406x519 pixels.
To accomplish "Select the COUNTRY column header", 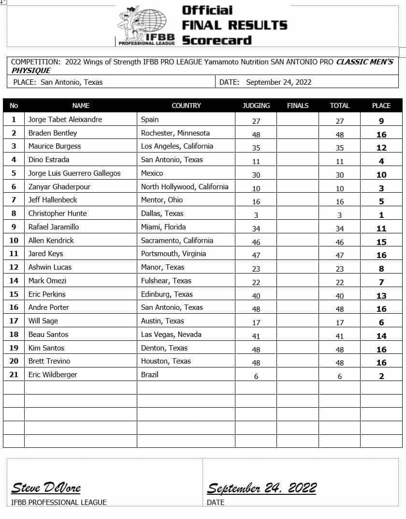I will pyautogui.click(x=186, y=106).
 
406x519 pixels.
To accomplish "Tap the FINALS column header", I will pyautogui.click(x=297, y=106).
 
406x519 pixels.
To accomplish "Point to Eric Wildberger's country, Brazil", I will pyautogui.click(x=150, y=374).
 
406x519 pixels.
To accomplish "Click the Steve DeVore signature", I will pyautogui.click(x=46, y=488).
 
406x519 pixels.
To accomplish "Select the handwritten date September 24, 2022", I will pyautogui.click(x=261, y=488).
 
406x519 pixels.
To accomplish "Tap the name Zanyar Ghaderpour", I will pyautogui.click(x=59, y=187).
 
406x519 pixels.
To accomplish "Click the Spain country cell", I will pyautogui.click(x=150, y=120).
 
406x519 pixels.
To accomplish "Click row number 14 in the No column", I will pyautogui.click(x=14, y=281).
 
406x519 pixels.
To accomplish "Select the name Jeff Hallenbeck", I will pyautogui.click(x=53, y=200).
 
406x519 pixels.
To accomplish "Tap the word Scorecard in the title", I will pyautogui.click(x=217, y=40).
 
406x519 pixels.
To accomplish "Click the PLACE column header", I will pyautogui.click(x=381, y=106).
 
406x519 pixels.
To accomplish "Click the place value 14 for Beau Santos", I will pyautogui.click(x=381, y=336).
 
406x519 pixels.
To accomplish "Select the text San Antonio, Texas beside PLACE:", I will pyautogui.click(x=72, y=82).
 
